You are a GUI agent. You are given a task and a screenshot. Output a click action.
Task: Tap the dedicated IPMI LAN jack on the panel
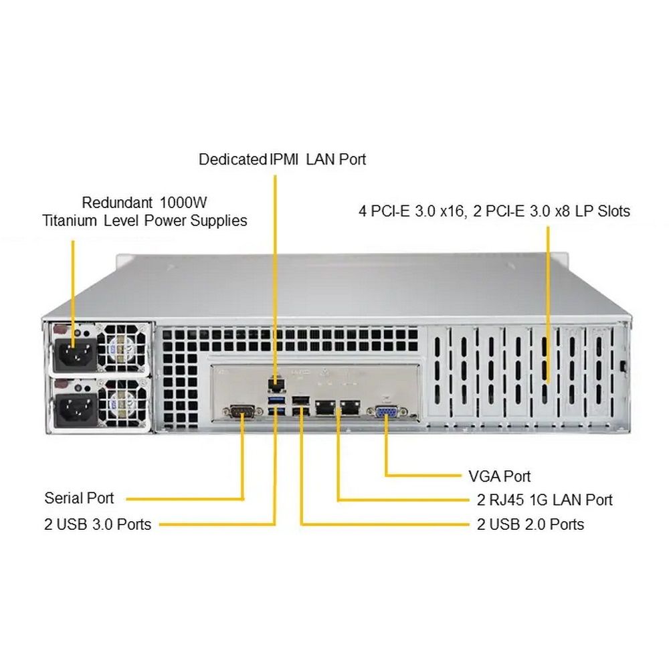point(274,382)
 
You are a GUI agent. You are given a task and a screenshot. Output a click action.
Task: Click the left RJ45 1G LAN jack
point(326,407)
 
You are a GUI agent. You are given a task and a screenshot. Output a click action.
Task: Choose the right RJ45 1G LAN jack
point(349,407)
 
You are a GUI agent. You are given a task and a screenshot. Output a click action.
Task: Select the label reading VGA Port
point(499,476)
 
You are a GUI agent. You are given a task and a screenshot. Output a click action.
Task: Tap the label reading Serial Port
point(79,498)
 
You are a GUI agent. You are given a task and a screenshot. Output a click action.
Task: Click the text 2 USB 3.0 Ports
point(98,524)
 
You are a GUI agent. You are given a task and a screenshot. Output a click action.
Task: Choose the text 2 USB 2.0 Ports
point(531,524)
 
